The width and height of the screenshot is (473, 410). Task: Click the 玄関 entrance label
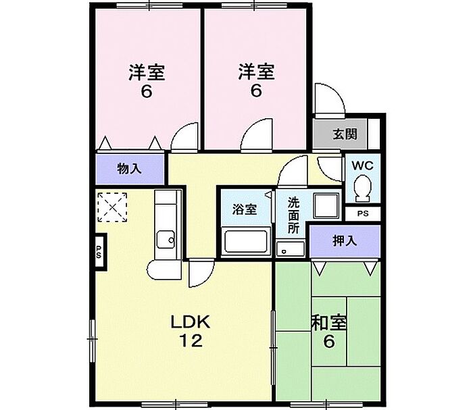pyautogui.click(x=345, y=134)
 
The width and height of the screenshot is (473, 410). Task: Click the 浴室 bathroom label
pyautogui.click(x=245, y=209)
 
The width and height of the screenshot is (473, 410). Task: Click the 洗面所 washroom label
pyautogui.click(x=294, y=213)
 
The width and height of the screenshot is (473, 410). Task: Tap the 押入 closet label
pyautogui.click(x=345, y=240)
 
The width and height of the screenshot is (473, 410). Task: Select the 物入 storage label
pyautogui.click(x=129, y=169)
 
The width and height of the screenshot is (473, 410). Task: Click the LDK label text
pyautogui.click(x=191, y=322)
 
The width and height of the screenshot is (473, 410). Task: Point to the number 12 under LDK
pyautogui.click(x=191, y=341)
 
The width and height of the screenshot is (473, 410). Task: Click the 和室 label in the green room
pyautogui.click(x=329, y=323)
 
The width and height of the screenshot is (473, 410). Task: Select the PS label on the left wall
pyautogui.click(x=99, y=253)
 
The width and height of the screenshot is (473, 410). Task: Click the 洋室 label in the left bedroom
pyautogui.click(x=147, y=72)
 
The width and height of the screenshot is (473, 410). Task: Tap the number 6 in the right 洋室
pyautogui.click(x=255, y=91)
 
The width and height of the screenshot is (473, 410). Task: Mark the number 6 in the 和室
pyautogui.click(x=328, y=342)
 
